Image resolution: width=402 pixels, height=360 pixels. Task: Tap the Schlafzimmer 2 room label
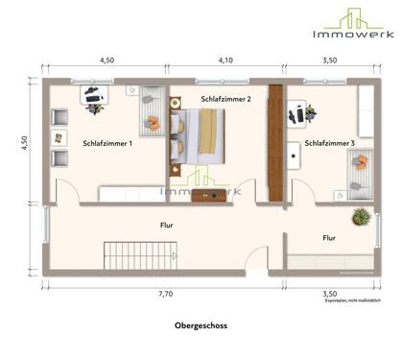[226, 99]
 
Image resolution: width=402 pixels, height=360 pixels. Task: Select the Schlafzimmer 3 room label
[329, 144]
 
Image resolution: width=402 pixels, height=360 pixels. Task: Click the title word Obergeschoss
[200, 325]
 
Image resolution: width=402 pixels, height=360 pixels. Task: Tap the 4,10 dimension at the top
[225, 60]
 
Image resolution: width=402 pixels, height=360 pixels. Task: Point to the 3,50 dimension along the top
[328, 60]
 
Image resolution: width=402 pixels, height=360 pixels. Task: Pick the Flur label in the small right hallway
[328, 236]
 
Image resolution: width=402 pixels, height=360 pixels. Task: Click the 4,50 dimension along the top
[107, 60]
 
